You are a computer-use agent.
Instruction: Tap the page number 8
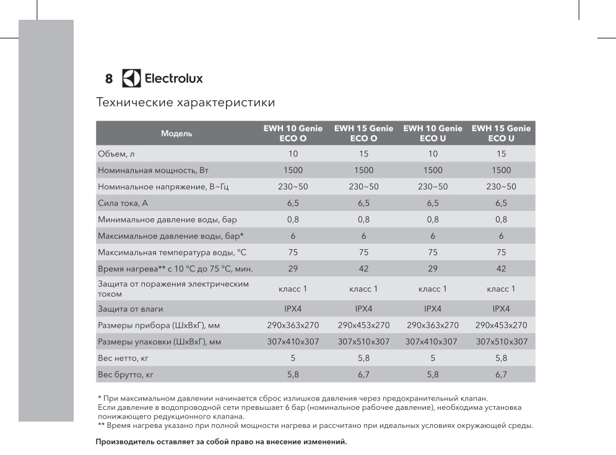109,79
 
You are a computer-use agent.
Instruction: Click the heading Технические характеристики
186,101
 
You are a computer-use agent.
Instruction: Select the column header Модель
177,134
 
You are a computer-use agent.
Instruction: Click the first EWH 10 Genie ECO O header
293,134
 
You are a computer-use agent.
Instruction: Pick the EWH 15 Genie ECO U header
501,134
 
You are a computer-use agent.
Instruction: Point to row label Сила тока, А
122,203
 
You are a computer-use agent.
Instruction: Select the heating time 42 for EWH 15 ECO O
363,269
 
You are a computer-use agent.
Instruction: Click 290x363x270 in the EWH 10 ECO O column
293,325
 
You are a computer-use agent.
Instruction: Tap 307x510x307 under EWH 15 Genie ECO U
501,341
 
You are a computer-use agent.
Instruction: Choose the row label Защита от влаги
131,308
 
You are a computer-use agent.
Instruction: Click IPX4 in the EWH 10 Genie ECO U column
432,308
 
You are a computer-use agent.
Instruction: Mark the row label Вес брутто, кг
124,374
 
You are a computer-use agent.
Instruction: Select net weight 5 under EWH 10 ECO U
432,358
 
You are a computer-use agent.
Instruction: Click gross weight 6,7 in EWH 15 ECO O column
363,374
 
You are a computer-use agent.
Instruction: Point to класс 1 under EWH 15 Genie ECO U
501,289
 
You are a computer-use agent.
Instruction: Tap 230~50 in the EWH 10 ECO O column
293,187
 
